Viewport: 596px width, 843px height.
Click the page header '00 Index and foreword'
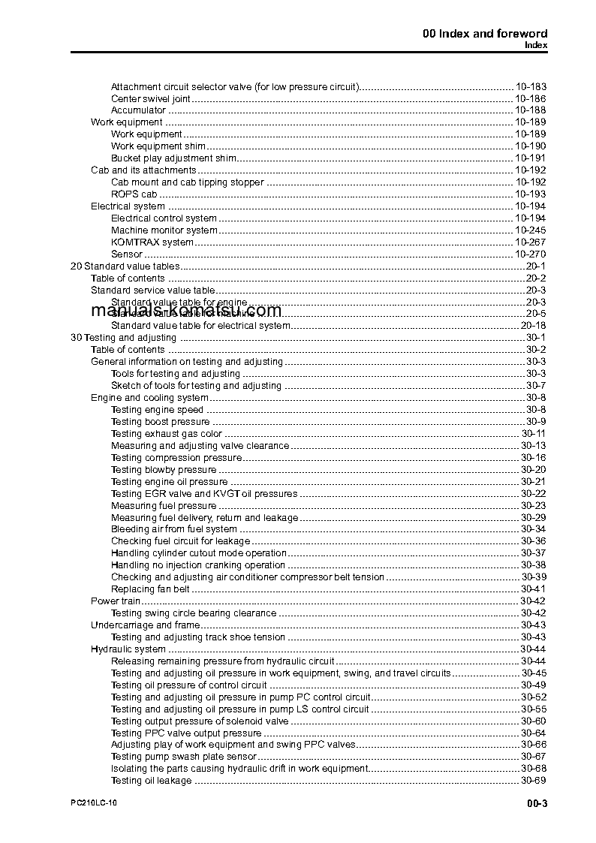coord(485,33)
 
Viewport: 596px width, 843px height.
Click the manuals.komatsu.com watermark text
coord(186,311)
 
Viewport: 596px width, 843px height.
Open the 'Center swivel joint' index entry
coord(150,98)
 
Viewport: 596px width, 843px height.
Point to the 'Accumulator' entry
coord(138,110)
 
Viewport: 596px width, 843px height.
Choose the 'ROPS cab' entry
coord(134,194)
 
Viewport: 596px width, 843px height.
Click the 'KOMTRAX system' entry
coord(152,242)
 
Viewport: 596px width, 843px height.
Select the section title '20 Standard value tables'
coord(125,266)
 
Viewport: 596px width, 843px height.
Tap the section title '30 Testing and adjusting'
coord(123,338)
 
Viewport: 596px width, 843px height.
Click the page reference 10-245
coord(531,230)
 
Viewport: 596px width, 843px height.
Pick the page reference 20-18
coord(533,326)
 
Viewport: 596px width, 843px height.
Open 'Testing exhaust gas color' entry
coord(167,434)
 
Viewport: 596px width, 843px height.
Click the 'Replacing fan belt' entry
coord(150,589)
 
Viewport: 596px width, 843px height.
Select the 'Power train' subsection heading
coord(116,601)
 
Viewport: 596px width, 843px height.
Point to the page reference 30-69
coord(533,781)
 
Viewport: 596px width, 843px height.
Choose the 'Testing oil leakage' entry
coord(152,781)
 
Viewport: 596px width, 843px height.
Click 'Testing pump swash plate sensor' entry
coord(182,757)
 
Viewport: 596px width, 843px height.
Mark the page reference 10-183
coord(531,86)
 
